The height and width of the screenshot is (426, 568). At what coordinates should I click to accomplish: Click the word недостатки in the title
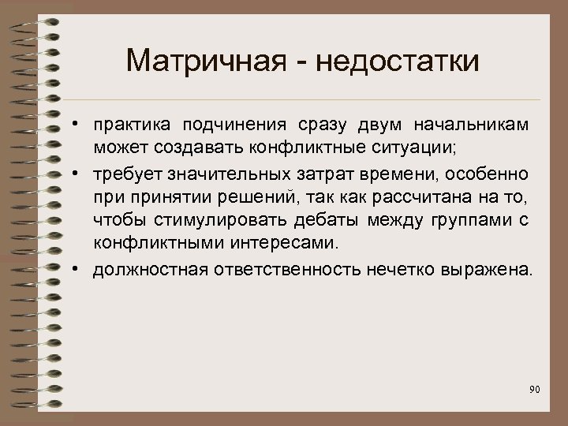click(394, 60)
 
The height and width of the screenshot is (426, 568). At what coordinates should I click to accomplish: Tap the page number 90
click(534, 389)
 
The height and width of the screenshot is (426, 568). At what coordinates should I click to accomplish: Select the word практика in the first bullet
click(131, 127)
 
